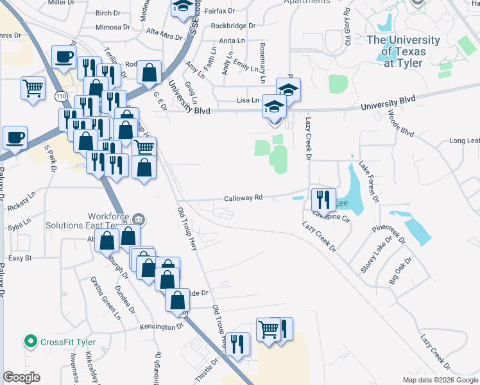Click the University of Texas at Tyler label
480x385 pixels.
[x=403, y=51]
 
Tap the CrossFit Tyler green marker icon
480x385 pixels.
[x=29, y=341]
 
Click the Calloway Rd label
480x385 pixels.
[x=243, y=198]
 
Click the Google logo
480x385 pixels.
[x=21, y=377]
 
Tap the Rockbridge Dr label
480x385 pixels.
[x=232, y=26]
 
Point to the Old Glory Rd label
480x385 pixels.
[x=347, y=26]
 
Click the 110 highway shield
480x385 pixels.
[x=61, y=96]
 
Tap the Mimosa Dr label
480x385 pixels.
[x=112, y=28]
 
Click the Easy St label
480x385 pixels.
[x=20, y=258]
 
